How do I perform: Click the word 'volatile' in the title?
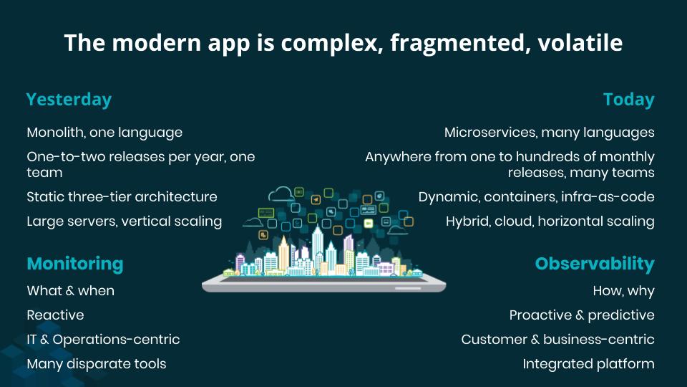tap(580, 43)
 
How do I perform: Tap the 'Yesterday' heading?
tap(69, 100)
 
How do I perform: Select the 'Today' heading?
tap(629, 100)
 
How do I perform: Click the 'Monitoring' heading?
tap(75, 264)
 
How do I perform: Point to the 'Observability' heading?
tap(595, 264)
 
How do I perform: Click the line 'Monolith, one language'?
tap(104, 133)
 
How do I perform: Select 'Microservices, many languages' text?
tap(550, 133)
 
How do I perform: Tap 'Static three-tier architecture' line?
tap(122, 196)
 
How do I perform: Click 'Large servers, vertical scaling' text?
tap(125, 221)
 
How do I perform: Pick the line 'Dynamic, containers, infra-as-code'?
tap(536, 196)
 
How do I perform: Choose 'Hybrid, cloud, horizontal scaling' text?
tap(550, 221)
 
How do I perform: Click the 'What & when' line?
tap(71, 291)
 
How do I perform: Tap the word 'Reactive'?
tap(55, 315)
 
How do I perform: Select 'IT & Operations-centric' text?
tap(103, 340)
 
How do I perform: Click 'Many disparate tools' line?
tap(97, 364)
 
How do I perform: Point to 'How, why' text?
tap(624, 291)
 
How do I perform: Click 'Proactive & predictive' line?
tap(582, 315)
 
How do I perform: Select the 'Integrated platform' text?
tap(588, 364)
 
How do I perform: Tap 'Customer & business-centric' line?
tap(557, 340)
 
